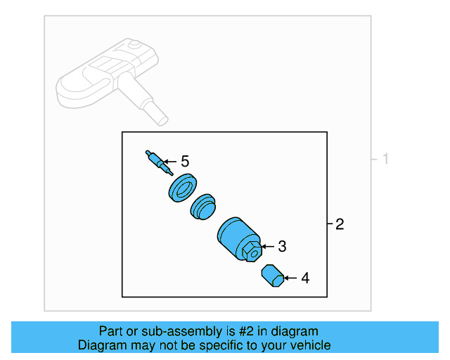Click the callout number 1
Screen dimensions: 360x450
[385, 160]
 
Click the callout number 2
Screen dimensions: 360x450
[340, 225]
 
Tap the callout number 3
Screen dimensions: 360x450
[282, 246]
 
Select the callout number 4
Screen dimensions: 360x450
[304, 278]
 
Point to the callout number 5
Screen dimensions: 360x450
[185, 162]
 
